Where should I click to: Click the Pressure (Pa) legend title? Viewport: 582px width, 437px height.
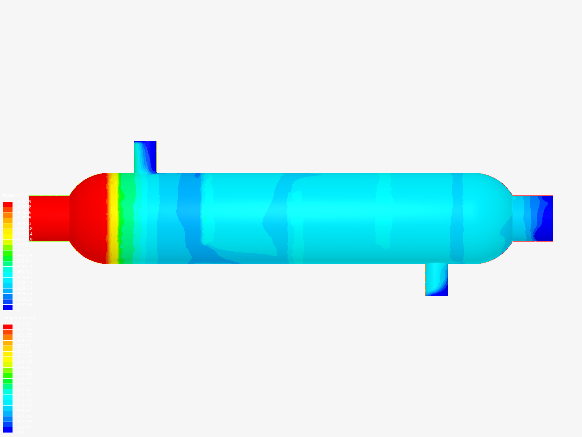[x=15, y=195]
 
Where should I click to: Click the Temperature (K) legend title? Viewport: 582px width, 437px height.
[x=19, y=318]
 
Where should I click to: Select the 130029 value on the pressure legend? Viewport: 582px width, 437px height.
[x=24, y=202]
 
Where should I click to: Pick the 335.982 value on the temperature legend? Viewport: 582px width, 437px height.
[x=24, y=373]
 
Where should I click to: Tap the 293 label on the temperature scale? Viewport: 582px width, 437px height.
[x=20, y=433]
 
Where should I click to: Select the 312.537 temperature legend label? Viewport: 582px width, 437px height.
[x=24, y=405]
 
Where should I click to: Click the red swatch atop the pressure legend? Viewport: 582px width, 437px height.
[x=8, y=204]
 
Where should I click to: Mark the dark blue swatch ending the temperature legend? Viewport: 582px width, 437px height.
[x=8, y=430]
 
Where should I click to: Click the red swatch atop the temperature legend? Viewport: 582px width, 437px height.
[x=8, y=327]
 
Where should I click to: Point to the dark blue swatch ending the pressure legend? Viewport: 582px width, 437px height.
[x=8, y=307]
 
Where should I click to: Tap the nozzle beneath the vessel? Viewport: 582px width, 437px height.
[x=436, y=280]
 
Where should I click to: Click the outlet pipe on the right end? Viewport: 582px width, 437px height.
[x=532, y=218]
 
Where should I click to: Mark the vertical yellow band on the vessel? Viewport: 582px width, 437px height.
[x=114, y=218]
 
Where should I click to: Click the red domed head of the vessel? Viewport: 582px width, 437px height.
[x=89, y=218]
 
